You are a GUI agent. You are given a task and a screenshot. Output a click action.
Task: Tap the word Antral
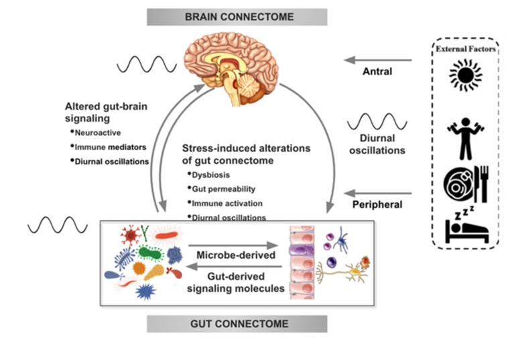(x=377, y=70)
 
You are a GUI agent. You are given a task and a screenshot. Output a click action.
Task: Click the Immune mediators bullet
(x=111, y=147)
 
